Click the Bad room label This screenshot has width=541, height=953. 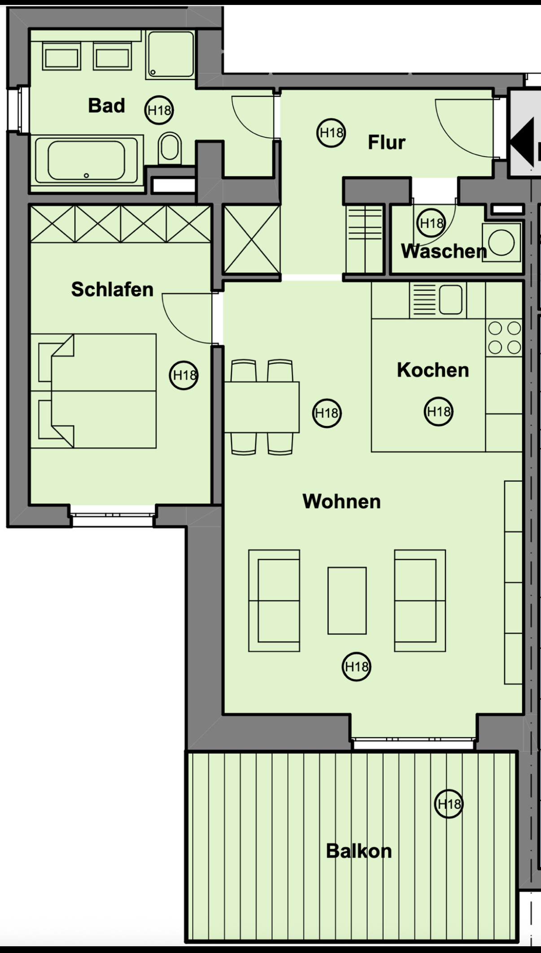pyautogui.click(x=106, y=106)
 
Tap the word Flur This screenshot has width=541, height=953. pyautogui.click(x=386, y=142)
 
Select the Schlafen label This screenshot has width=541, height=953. pyautogui.click(x=112, y=290)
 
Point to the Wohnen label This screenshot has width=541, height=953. pyautogui.click(x=341, y=501)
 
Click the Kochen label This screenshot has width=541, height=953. pyautogui.click(x=433, y=370)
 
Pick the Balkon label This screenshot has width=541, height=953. pyautogui.click(x=359, y=851)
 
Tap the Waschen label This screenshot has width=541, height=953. pyautogui.click(x=444, y=251)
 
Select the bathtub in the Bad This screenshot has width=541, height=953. pyautogui.click(x=87, y=161)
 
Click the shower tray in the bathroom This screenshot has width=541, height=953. pyautogui.click(x=170, y=54)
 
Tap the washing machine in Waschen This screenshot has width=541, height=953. pyautogui.click(x=502, y=242)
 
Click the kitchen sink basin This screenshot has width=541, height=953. pyautogui.click(x=450, y=299)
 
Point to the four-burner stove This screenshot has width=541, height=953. pyautogui.click(x=504, y=338)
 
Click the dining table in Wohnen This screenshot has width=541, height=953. pyautogui.click(x=262, y=407)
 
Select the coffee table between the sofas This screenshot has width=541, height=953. pyautogui.click(x=347, y=601)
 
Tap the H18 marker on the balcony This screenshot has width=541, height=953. pyautogui.click(x=449, y=804)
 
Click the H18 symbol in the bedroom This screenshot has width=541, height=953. pyautogui.click(x=184, y=375)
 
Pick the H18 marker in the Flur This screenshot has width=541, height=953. pyautogui.click(x=331, y=133)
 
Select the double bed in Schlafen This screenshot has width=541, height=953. pyautogui.click(x=93, y=391)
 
